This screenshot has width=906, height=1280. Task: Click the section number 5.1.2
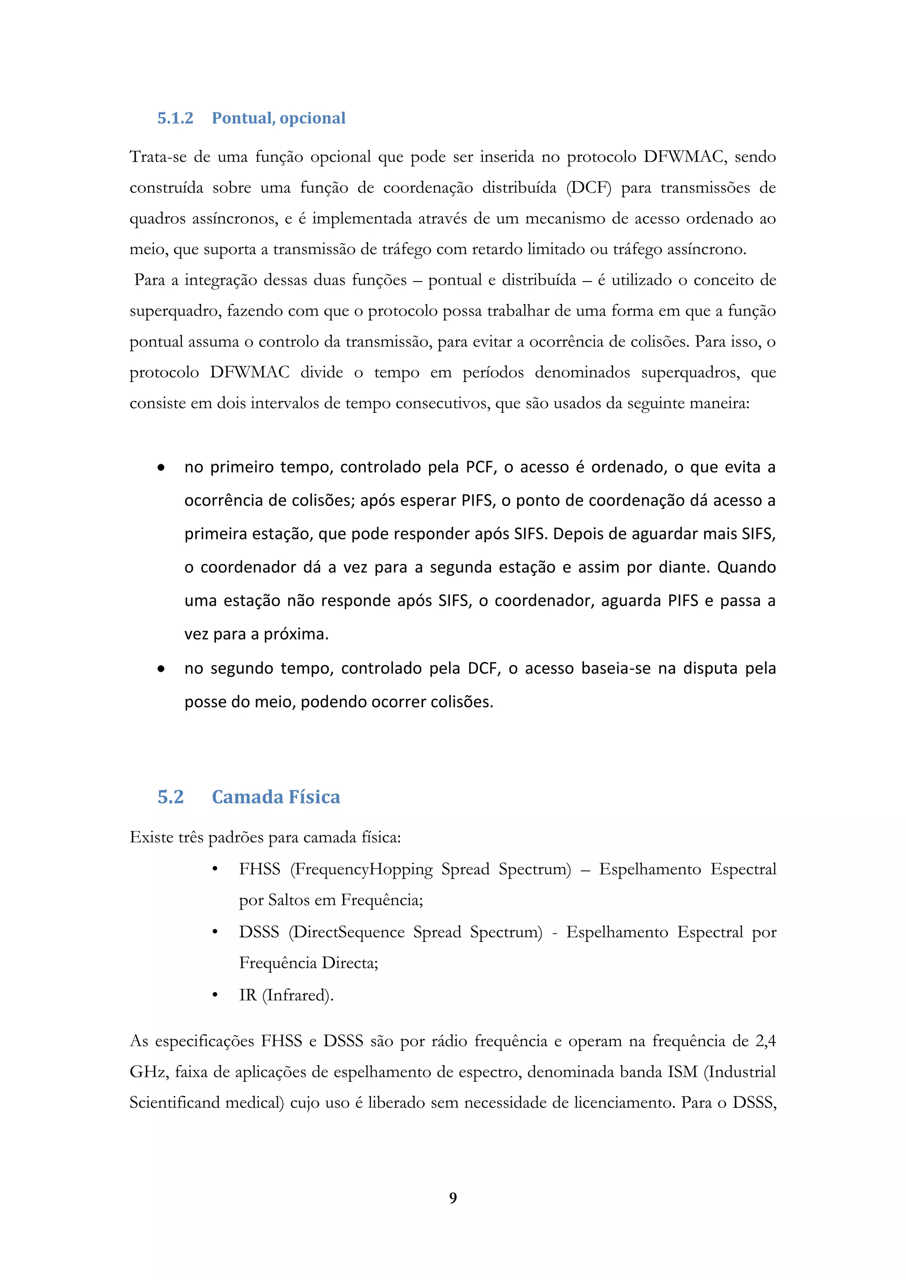(x=175, y=118)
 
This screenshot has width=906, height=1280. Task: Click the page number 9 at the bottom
(x=453, y=1197)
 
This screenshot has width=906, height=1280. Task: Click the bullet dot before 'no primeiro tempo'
(x=161, y=468)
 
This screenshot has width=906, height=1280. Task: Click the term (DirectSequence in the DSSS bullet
(x=346, y=932)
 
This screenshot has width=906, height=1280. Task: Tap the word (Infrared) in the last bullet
(x=297, y=995)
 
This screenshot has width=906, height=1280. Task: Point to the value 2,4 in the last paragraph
(x=765, y=1041)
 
